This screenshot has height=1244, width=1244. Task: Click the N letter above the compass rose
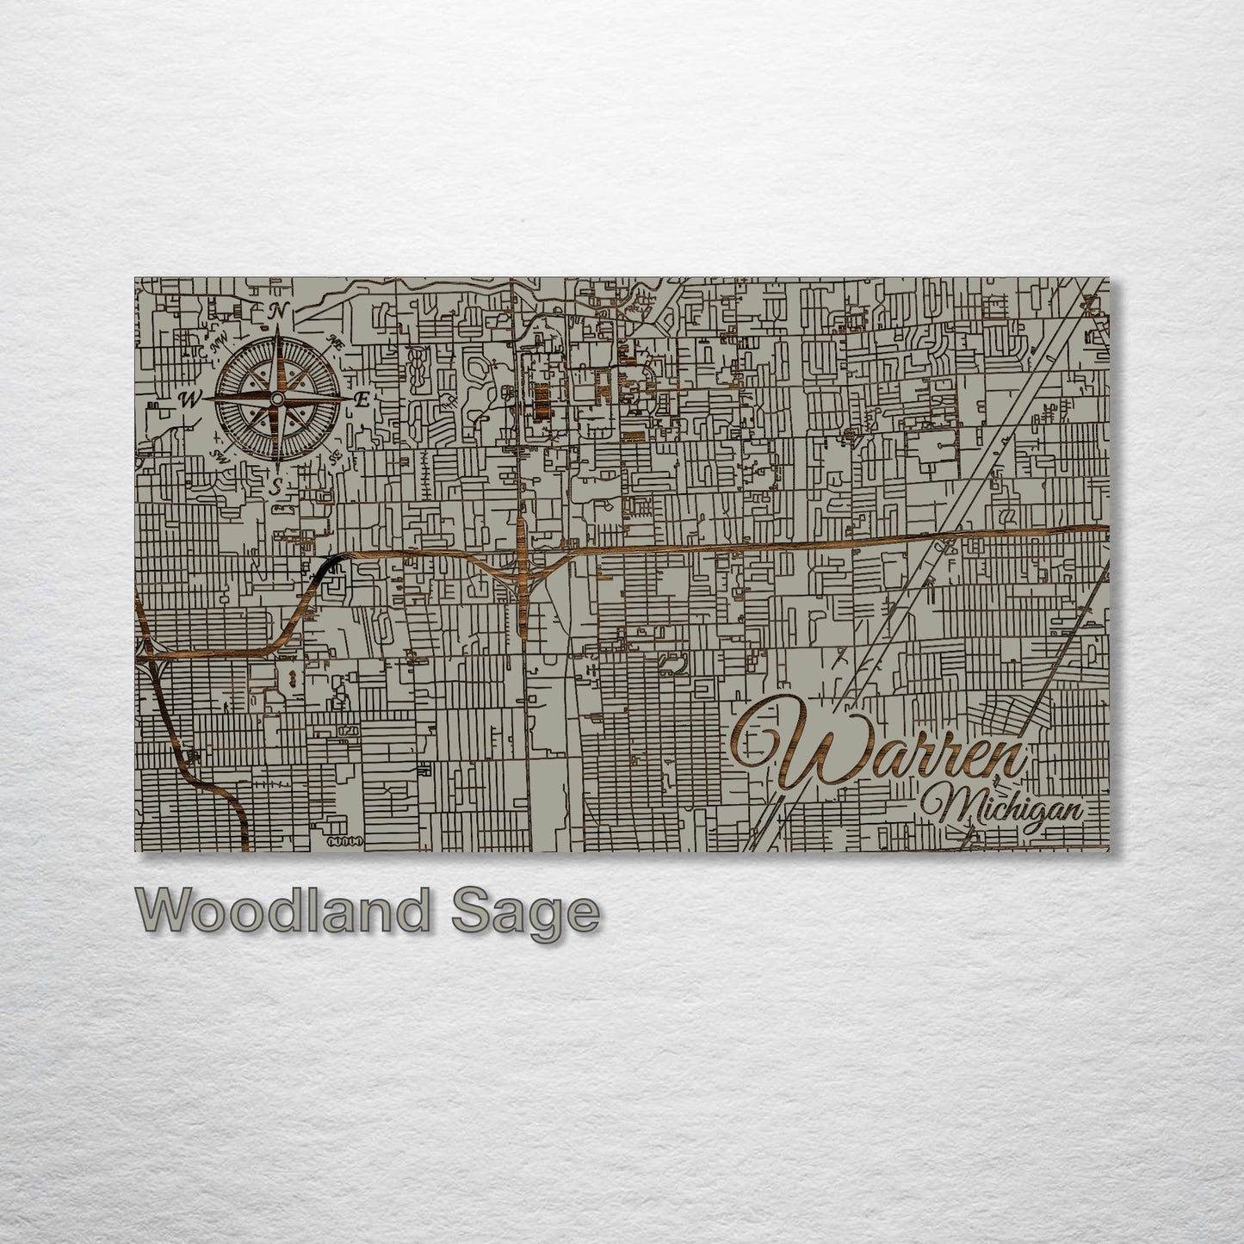(278, 311)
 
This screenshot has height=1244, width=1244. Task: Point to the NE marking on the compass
(337, 341)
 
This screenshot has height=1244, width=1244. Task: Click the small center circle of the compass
(275, 399)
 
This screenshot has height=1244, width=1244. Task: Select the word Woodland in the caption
(281, 911)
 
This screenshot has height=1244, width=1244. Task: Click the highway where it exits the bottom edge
(243, 845)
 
